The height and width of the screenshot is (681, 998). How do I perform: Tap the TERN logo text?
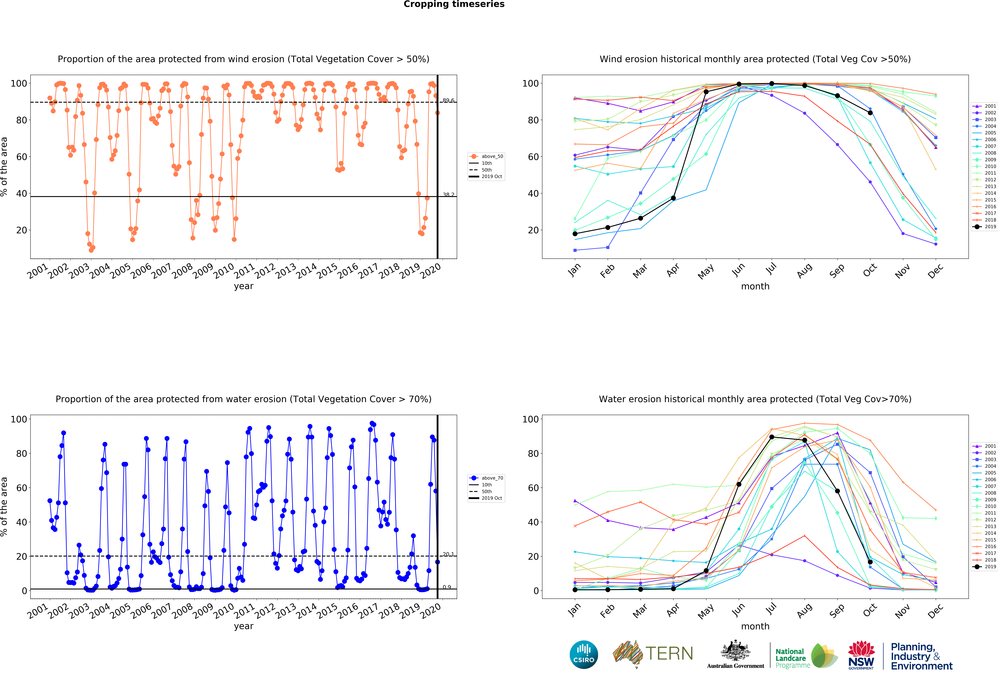coord(669,653)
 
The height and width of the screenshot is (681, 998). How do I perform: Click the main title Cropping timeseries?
coord(454,4)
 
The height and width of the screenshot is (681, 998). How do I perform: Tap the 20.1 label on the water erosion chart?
coord(448,554)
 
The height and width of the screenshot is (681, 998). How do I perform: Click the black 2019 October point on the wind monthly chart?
coord(870,113)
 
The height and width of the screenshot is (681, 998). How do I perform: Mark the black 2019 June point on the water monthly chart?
coord(739,484)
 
